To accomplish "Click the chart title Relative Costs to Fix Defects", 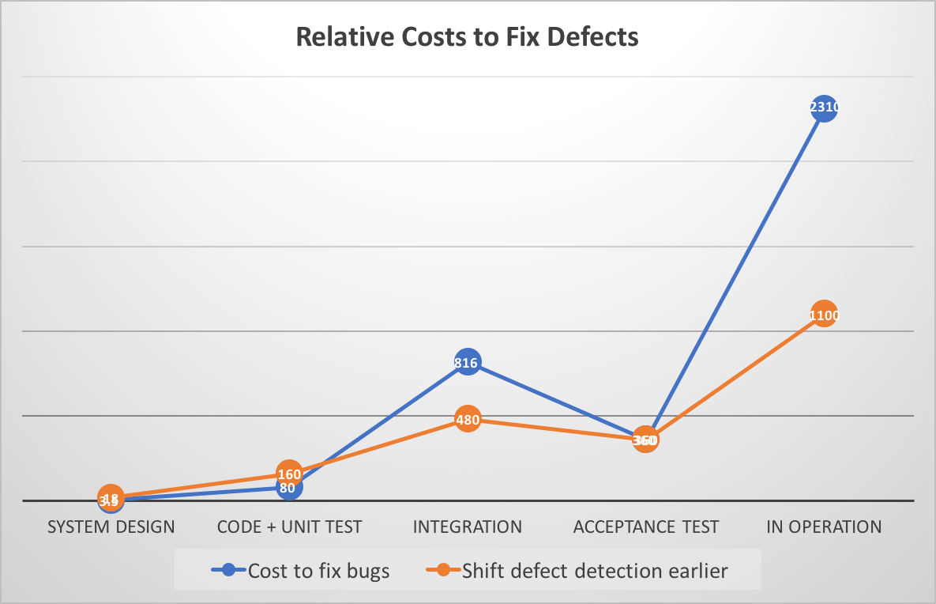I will coord(467,37).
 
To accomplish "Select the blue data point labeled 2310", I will coord(824,108).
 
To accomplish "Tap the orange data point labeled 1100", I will coord(824,315).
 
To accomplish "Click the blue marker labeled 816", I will coord(468,363).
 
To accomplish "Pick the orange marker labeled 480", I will coord(468,420).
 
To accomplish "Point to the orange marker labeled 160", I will coord(289,474).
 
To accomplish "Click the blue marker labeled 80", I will coord(289,488).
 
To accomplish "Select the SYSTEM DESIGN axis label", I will coord(111,527).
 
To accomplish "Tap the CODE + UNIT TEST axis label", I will coord(289,527).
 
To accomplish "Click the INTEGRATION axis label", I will coord(468,527).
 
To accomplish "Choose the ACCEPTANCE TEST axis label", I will coord(646,527).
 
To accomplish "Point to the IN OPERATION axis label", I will coord(824,527).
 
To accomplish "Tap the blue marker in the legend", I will coord(229,570).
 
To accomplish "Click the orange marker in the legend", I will coord(443,570).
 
